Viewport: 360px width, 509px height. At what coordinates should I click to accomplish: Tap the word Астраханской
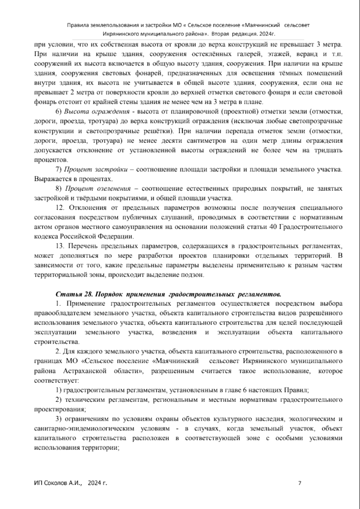(85, 371)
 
